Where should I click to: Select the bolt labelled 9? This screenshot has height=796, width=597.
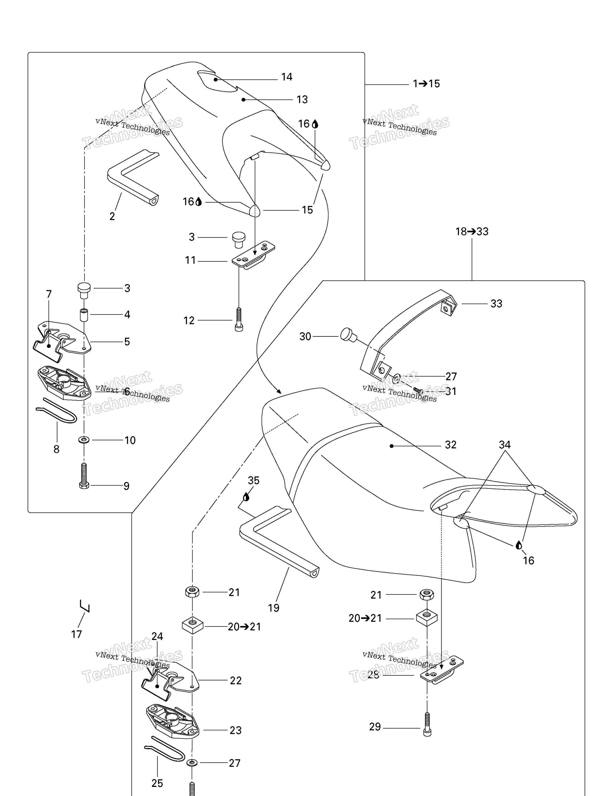pos(84,476)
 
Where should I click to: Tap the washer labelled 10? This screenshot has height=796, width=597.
pos(84,440)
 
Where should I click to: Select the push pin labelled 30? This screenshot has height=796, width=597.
pos(348,335)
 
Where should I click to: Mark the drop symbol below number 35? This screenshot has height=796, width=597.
pos(246,497)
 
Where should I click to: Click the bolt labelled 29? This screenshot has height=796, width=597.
pos(427,724)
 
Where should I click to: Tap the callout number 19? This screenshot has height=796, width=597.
pos(273,608)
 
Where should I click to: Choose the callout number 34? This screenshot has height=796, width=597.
pos(504,445)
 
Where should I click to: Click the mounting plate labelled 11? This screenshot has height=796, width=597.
pos(253,254)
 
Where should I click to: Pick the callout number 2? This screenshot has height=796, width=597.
pos(112,216)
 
